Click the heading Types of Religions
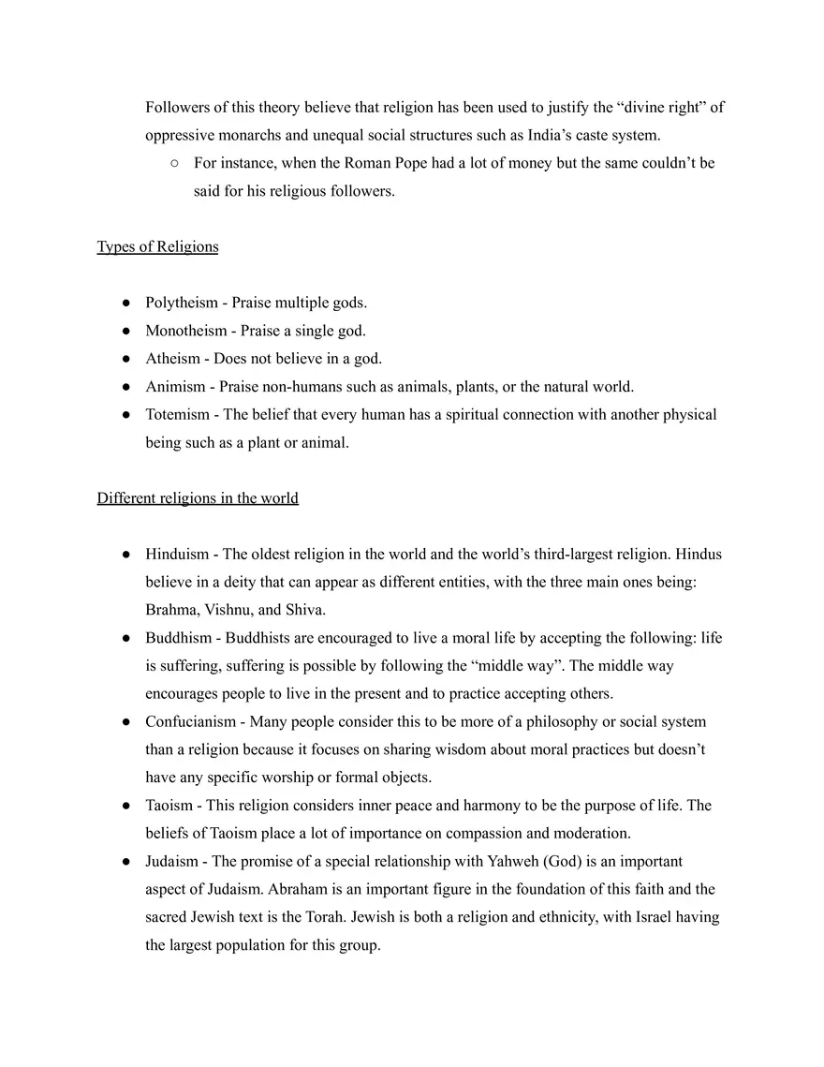tap(157, 247)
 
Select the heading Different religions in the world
tap(198, 498)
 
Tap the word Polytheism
tap(181, 303)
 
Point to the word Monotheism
tap(185, 331)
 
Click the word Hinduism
tap(177, 554)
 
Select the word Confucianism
tap(190, 721)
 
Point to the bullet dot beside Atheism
tap(125, 359)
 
